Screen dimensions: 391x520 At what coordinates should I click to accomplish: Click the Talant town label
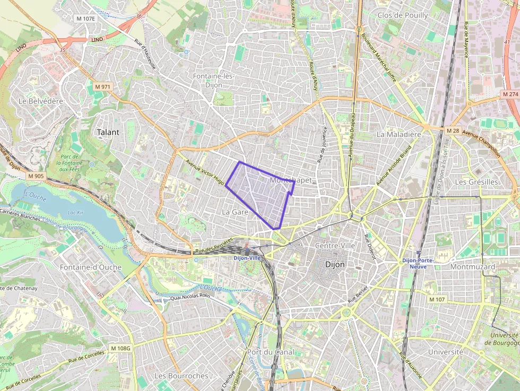point(108,132)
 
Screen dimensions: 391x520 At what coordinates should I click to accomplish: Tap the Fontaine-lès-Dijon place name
point(214,80)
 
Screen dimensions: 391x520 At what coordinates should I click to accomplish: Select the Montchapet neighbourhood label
point(291,180)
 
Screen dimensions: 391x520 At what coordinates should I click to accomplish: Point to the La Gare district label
point(235,212)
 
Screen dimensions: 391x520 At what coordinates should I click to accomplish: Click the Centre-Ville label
point(335,246)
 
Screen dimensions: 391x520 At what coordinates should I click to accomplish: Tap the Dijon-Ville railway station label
point(248,258)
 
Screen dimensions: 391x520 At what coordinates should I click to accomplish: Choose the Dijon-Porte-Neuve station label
point(418,263)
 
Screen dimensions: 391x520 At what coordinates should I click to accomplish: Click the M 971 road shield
point(102,86)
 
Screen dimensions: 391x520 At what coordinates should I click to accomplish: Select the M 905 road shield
point(37,176)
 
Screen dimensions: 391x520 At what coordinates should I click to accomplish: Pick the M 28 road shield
point(452,131)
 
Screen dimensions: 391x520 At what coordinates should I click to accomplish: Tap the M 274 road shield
point(509,94)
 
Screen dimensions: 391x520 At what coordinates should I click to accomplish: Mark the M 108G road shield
point(120,348)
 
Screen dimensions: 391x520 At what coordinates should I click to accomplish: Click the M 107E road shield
point(85,19)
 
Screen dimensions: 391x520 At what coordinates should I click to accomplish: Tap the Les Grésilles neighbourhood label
point(476,182)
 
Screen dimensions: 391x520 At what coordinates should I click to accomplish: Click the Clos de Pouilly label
point(402,15)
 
